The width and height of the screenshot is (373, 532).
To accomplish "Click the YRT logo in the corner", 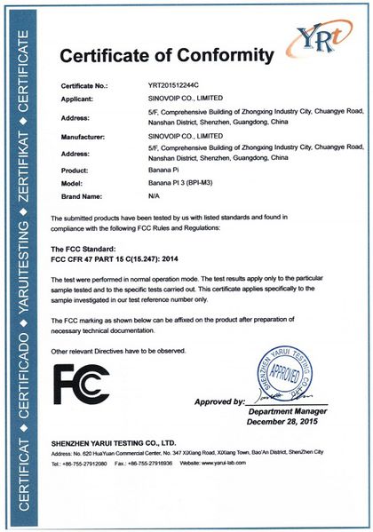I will click(x=321, y=40).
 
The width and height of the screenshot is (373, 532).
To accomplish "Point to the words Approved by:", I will click(x=218, y=402).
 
